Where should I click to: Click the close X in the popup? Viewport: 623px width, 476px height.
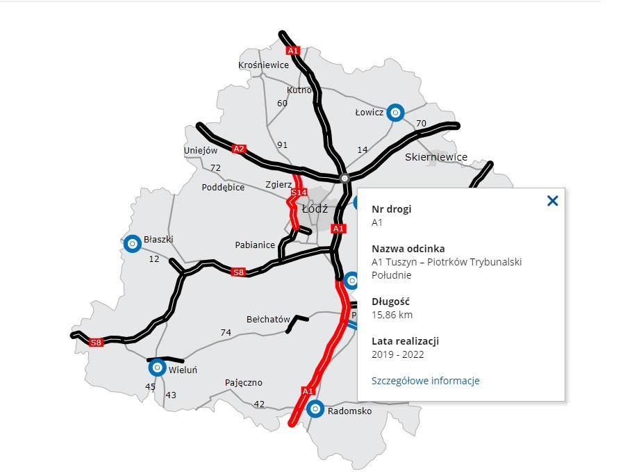click(552, 201)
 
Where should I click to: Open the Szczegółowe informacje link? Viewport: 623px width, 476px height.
click(425, 381)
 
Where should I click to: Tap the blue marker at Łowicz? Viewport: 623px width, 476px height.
click(394, 112)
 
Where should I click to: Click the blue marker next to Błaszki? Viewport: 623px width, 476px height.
click(131, 243)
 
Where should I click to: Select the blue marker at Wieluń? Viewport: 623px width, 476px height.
click(157, 367)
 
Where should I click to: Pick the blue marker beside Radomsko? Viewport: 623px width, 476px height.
click(315, 409)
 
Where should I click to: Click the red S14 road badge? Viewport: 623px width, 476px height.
click(299, 192)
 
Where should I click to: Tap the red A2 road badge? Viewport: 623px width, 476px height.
click(240, 149)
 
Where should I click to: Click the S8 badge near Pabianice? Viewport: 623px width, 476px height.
click(239, 272)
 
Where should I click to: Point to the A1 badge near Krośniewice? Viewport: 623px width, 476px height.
click(293, 51)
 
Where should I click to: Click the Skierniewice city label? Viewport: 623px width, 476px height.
click(436, 157)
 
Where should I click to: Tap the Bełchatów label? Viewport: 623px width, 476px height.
click(268, 320)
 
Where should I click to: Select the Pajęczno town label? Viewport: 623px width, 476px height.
click(244, 383)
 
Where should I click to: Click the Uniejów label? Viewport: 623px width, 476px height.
click(201, 150)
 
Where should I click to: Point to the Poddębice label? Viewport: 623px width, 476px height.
click(223, 188)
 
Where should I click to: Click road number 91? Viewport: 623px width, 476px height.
click(282, 145)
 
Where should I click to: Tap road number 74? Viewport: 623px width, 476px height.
click(226, 333)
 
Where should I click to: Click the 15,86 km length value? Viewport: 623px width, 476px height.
click(392, 315)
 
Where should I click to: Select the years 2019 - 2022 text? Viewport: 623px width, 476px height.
click(397, 354)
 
